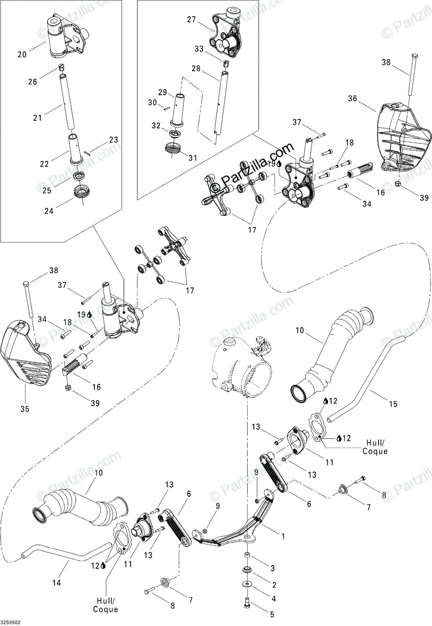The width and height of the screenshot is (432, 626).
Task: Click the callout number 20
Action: (x=22, y=54)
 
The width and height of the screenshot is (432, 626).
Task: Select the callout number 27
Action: (x=192, y=20)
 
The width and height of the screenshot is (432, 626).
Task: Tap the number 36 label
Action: (x=353, y=99)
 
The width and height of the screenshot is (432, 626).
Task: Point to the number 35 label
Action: (x=25, y=409)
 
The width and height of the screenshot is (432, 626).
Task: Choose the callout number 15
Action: (x=393, y=404)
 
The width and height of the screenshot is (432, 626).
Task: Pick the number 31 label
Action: (x=193, y=158)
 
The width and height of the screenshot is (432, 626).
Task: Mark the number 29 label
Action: (x=162, y=92)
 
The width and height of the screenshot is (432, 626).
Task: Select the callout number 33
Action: (x=199, y=49)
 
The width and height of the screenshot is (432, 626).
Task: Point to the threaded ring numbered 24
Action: (x=81, y=192)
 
